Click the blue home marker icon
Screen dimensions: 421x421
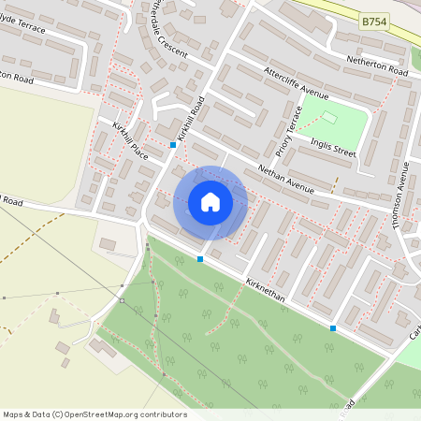pos(210,202)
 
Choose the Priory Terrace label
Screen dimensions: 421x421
pos(284,131)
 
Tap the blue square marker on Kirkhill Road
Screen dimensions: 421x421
pos(173,145)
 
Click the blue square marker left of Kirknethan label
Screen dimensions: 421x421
pos(200,258)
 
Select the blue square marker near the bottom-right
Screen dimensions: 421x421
pos(333,327)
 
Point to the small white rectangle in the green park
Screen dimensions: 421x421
pos(328,117)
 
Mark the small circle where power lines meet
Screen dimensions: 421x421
pos(122,300)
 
